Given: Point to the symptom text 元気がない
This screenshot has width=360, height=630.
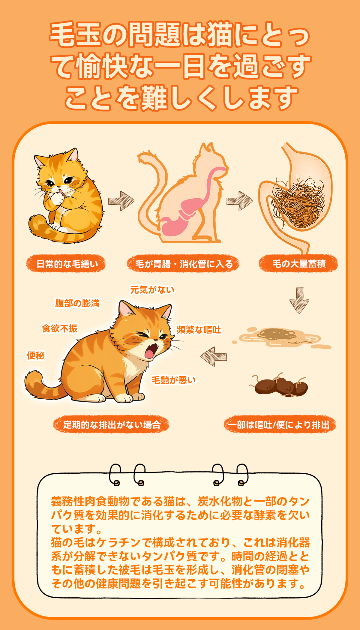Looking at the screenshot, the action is (152, 290).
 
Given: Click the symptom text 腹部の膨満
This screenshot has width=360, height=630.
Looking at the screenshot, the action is (77, 303).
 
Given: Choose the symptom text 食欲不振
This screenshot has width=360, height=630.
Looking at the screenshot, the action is (60, 328).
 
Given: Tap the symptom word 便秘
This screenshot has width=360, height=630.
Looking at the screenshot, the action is (35, 355).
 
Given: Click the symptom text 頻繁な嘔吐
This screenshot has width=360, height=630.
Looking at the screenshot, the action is (199, 330).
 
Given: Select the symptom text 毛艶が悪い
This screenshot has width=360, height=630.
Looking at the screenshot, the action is (173, 380).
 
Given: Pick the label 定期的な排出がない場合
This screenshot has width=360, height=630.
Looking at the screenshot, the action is (111, 424).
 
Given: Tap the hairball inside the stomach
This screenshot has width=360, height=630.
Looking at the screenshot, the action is (298, 202).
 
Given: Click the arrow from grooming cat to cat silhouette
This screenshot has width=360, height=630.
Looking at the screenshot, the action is (121, 201).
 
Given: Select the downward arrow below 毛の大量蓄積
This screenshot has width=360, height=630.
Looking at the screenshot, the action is (299, 300).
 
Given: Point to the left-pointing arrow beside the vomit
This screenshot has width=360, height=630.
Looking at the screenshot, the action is (214, 356).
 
